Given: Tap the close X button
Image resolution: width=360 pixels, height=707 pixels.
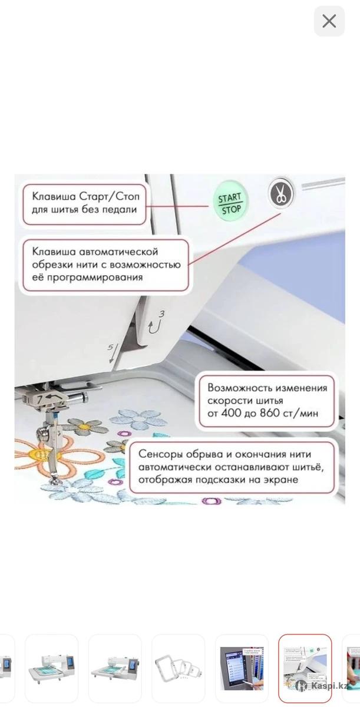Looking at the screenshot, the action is click(x=329, y=21).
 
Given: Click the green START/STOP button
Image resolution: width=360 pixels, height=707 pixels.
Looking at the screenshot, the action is click(x=230, y=201).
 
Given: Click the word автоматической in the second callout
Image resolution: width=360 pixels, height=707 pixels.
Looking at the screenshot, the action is click(x=118, y=252).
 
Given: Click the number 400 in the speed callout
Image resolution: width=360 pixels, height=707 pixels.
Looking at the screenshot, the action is click(x=230, y=413).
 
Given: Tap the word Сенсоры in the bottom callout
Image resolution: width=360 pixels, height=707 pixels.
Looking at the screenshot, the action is click(x=161, y=454).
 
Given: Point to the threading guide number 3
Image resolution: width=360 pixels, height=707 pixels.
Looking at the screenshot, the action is click(x=162, y=313).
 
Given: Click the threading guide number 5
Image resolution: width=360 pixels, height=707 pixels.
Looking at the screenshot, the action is click(x=110, y=347).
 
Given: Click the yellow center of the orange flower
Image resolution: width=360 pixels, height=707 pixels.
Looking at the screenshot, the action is click(x=41, y=453).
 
